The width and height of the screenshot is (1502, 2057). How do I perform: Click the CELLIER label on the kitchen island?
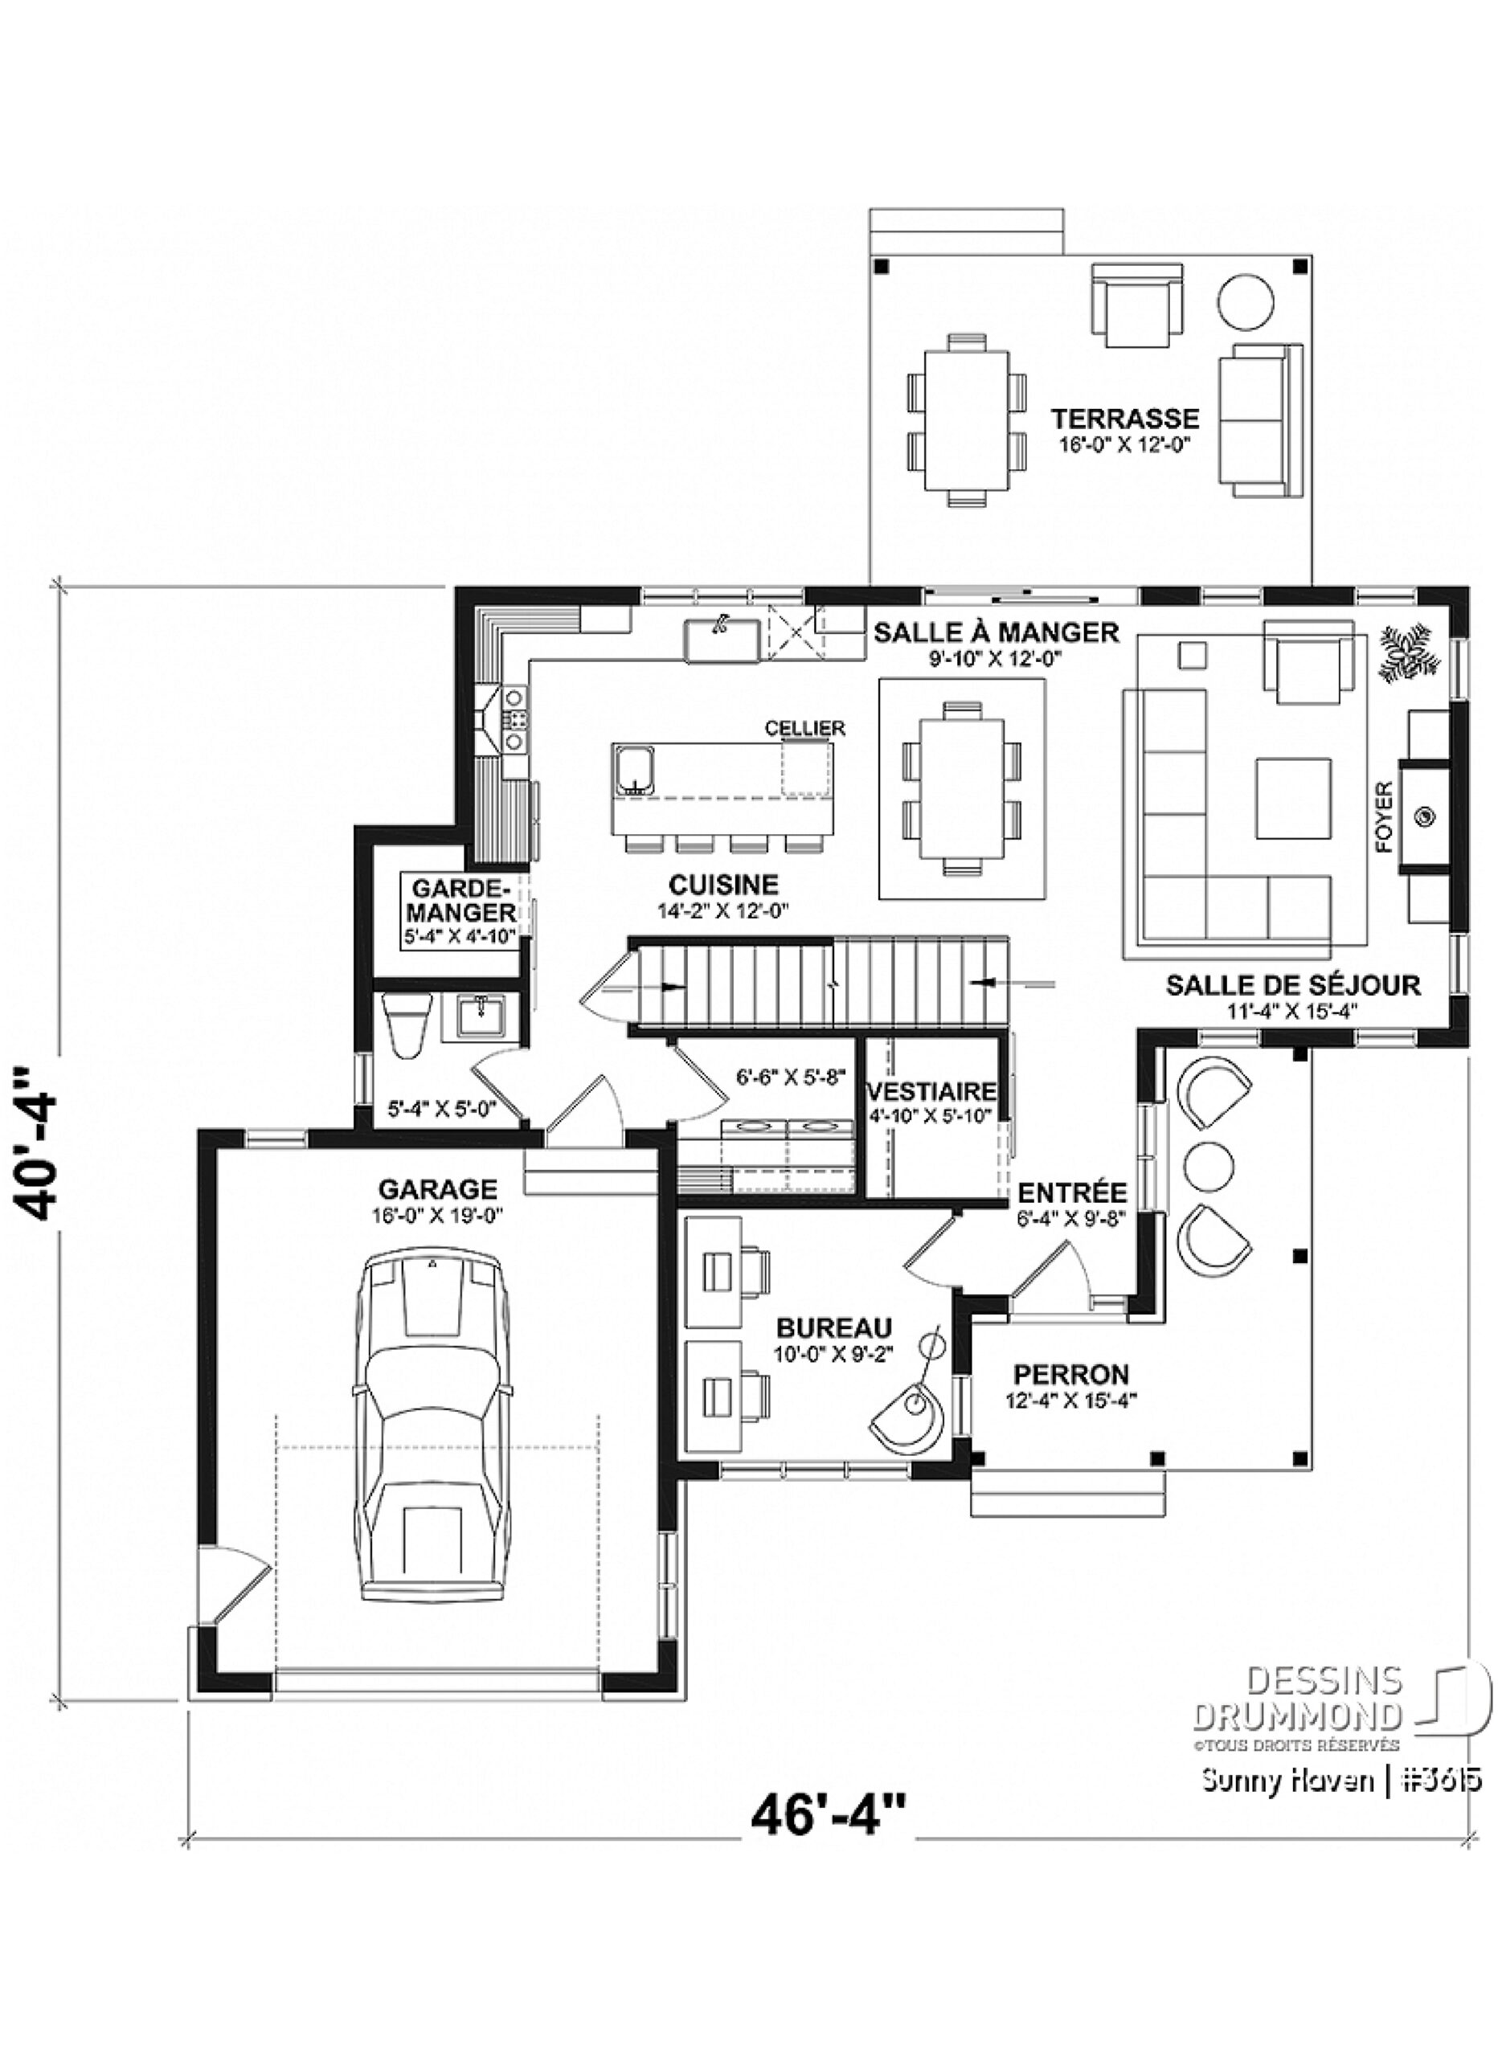pos(804,728)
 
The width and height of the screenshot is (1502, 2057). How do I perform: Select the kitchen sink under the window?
pos(722,638)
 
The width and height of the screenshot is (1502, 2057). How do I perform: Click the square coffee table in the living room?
pos(1295,799)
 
